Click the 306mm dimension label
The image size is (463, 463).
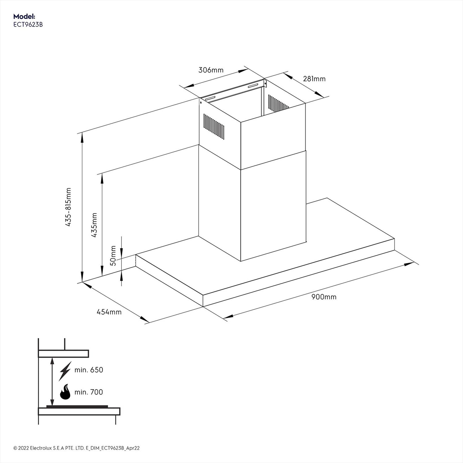coord(211,70)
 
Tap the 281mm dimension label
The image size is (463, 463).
coord(314,79)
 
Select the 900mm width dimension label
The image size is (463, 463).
coord(324,297)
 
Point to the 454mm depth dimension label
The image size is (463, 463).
coord(109,312)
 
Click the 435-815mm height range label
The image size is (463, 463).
coord(68,207)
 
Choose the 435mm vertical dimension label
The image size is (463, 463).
coord(94,225)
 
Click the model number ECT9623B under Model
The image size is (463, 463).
coord(28,25)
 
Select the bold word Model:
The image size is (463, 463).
coord(24,16)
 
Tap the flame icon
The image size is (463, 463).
coord(65,392)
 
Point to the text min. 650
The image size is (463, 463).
coord(89,370)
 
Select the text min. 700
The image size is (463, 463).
coord(89,392)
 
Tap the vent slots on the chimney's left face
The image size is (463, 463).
coord(214,126)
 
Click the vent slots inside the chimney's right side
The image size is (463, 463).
coord(278,104)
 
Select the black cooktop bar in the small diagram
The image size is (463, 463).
coord(77,407)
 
